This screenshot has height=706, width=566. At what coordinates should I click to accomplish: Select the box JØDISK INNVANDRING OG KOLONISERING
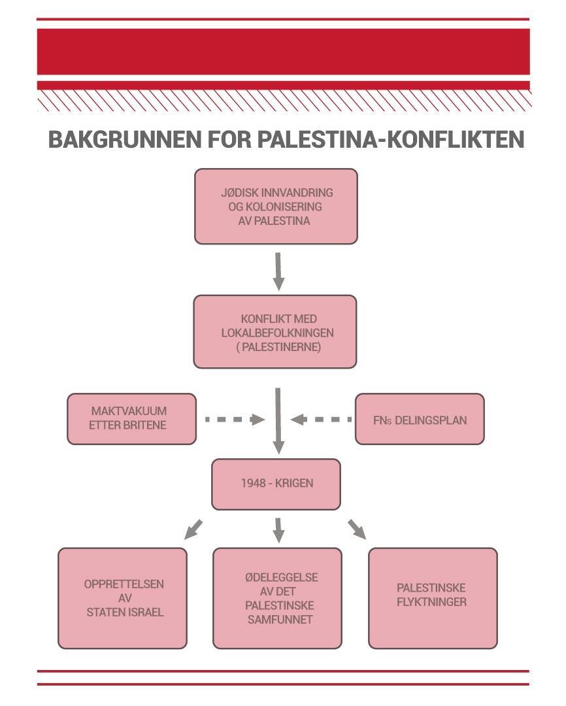click(276, 207)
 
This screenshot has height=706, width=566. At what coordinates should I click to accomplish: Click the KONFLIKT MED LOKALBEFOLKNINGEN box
click(275, 332)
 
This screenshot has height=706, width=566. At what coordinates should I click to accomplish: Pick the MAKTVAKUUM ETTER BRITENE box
click(131, 419)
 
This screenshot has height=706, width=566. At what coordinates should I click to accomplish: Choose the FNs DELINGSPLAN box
click(420, 419)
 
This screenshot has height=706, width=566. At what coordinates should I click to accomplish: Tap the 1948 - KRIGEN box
click(276, 484)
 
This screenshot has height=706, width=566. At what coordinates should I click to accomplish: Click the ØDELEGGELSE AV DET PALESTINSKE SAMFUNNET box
click(277, 598)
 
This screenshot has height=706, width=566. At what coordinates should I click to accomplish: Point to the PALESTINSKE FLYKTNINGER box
click(433, 598)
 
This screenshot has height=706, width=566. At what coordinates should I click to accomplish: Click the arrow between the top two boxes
click(279, 270)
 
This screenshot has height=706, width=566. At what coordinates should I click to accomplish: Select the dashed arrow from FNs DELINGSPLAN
click(320, 419)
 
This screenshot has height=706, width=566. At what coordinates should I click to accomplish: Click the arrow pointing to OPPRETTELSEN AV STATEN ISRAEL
click(193, 529)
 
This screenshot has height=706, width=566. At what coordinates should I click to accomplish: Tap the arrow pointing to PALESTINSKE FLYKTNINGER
click(357, 529)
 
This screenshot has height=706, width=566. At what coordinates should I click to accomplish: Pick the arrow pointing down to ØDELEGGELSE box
click(279, 529)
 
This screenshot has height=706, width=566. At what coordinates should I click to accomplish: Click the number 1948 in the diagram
click(252, 484)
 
